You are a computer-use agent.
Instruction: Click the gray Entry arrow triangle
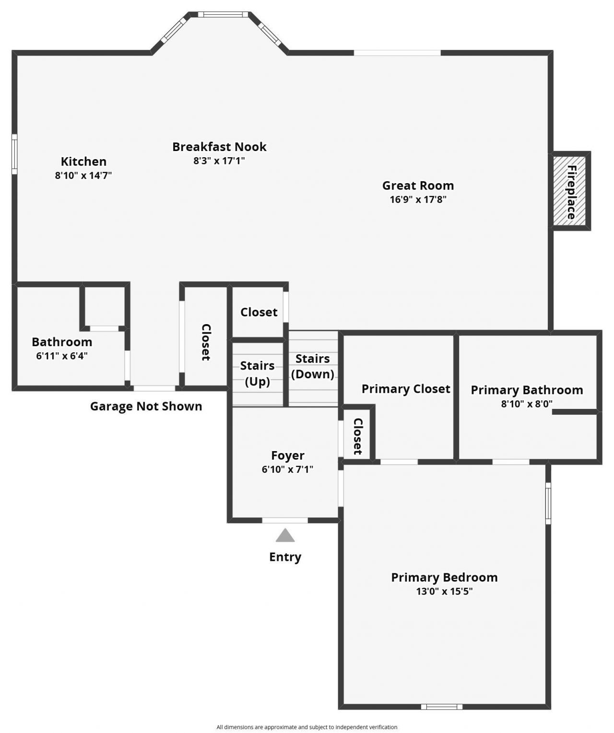[285, 535]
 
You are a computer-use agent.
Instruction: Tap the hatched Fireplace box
[571, 191]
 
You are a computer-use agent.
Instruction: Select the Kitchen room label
[83, 162]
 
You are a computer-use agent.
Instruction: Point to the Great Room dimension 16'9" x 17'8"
[418, 199]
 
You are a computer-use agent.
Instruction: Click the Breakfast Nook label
[219, 147]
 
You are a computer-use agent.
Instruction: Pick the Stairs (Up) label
[257, 373]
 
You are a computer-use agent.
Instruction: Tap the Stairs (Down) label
[312, 366]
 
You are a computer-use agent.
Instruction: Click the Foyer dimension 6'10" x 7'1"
[287, 469]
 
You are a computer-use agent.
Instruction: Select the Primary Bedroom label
[444, 577]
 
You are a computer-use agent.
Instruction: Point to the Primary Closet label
[406, 389]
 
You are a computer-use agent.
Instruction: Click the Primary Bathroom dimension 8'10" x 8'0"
[527, 404]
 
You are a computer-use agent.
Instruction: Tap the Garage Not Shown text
[146, 407]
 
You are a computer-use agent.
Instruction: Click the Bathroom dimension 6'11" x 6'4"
[62, 356]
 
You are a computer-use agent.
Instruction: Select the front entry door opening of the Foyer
[285, 520]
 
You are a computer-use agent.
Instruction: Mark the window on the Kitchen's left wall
[14, 154]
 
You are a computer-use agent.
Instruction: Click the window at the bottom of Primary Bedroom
[442, 706]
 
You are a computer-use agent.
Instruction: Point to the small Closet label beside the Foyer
[358, 436]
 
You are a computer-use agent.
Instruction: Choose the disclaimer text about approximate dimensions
[307, 727]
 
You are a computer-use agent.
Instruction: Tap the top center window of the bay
[224, 14]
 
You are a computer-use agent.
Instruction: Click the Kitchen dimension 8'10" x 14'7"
[83, 175]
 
